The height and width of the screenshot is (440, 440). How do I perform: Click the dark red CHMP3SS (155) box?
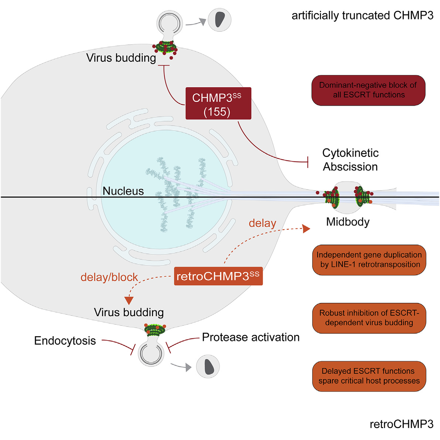[x=218, y=103]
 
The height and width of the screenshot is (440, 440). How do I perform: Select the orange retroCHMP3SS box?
[x=218, y=276]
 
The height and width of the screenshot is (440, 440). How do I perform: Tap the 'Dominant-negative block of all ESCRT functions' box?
[x=368, y=90]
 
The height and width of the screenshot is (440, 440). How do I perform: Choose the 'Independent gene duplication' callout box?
[x=369, y=260]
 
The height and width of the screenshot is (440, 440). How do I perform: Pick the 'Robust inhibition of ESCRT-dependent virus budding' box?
[x=369, y=318]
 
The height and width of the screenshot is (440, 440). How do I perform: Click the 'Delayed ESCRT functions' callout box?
[x=369, y=376]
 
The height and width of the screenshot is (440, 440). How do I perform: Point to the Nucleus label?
[x=123, y=191]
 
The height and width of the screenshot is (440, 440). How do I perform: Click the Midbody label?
[x=348, y=222]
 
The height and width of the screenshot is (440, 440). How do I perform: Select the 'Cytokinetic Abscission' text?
[x=350, y=160]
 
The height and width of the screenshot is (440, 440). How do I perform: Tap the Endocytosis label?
[x=65, y=341]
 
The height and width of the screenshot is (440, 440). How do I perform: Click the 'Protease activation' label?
[x=250, y=337]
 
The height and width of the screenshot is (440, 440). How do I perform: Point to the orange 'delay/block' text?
[x=109, y=277]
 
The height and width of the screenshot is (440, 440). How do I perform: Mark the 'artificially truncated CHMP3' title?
[x=362, y=16]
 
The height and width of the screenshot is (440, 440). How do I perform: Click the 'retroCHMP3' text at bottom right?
[x=401, y=424]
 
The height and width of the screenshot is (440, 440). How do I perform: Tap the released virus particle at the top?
[x=219, y=20]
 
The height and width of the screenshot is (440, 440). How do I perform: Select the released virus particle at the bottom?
[x=208, y=366]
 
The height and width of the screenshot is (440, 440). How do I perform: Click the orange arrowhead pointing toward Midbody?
[x=306, y=229]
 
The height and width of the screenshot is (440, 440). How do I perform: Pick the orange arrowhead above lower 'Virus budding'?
[x=129, y=300]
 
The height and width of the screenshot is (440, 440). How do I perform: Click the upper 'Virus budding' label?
[x=121, y=58]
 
